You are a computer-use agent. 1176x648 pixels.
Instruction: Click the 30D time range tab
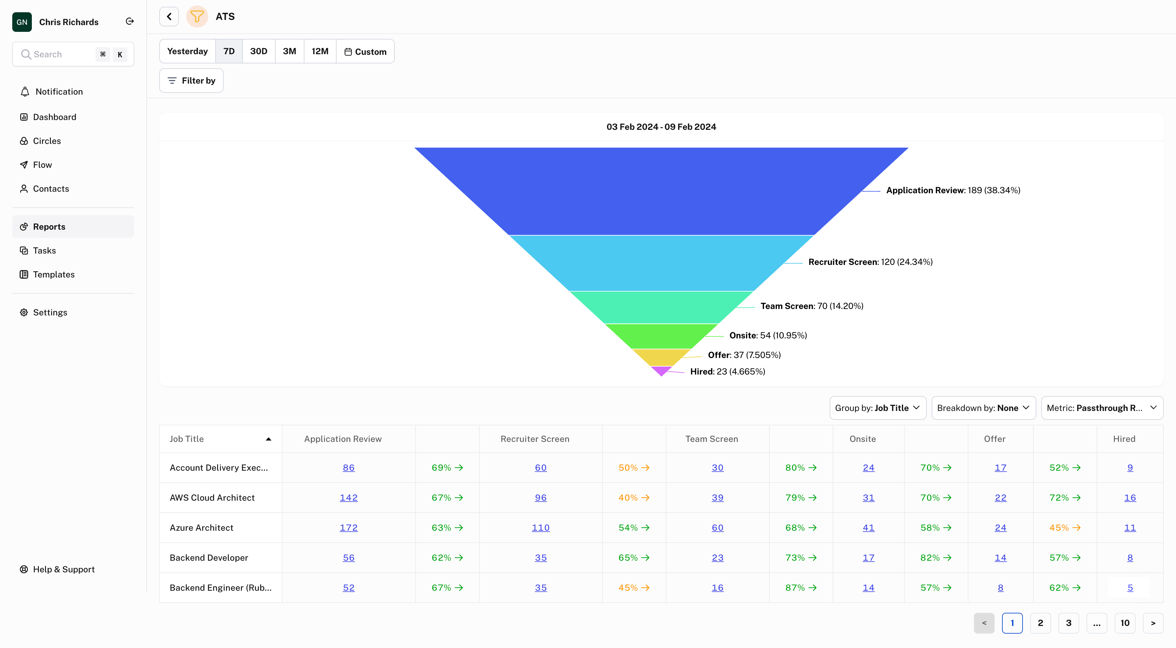point(258,51)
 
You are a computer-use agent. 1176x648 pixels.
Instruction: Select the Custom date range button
point(365,52)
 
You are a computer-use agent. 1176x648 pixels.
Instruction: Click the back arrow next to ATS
point(169,17)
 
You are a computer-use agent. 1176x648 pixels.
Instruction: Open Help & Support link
point(63,570)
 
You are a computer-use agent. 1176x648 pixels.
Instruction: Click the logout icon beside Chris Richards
point(130,21)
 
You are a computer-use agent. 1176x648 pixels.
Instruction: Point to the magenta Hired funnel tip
point(661,370)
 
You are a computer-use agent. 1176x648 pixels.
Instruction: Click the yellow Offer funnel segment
point(661,357)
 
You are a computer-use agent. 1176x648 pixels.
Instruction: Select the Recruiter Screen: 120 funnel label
point(870,262)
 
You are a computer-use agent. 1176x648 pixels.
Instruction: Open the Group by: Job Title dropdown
point(877,408)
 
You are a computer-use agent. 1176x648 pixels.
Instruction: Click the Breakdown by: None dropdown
point(983,408)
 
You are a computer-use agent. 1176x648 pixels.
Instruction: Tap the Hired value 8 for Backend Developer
point(1130,558)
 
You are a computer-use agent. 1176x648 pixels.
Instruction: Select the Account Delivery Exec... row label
point(219,468)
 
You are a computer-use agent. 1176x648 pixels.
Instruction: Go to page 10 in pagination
point(1125,623)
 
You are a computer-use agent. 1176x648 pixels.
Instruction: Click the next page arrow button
point(1153,623)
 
